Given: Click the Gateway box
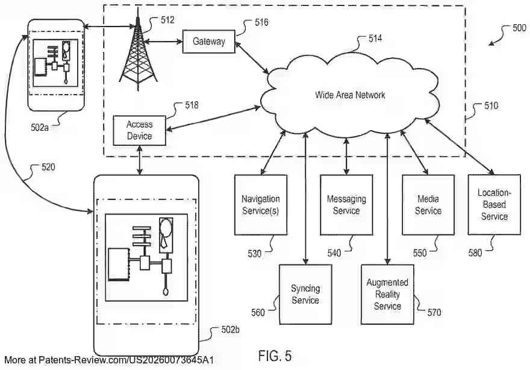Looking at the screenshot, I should pyautogui.click(x=208, y=42).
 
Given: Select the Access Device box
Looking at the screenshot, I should pyautogui.click(x=139, y=130).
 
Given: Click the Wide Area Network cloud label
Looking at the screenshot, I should pyautogui.click(x=350, y=95).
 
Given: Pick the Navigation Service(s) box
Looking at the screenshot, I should pyautogui.click(x=260, y=205).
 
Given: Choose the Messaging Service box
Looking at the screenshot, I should pyautogui.click(x=346, y=205).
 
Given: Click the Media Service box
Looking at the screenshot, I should pyautogui.click(x=428, y=205).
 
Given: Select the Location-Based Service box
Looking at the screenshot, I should pyautogui.click(x=494, y=205).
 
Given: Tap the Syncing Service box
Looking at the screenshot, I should pyautogui.click(x=305, y=295).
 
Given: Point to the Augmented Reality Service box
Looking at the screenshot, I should pyautogui.click(x=387, y=294).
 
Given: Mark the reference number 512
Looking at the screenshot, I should pyautogui.click(x=167, y=20).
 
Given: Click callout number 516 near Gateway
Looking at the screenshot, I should pyautogui.click(x=261, y=22).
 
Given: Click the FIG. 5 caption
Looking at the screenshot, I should pyautogui.click(x=275, y=356).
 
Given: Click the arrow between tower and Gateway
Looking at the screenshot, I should pyautogui.click(x=163, y=42).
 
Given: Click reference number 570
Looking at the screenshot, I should pyautogui.click(x=434, y=312).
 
